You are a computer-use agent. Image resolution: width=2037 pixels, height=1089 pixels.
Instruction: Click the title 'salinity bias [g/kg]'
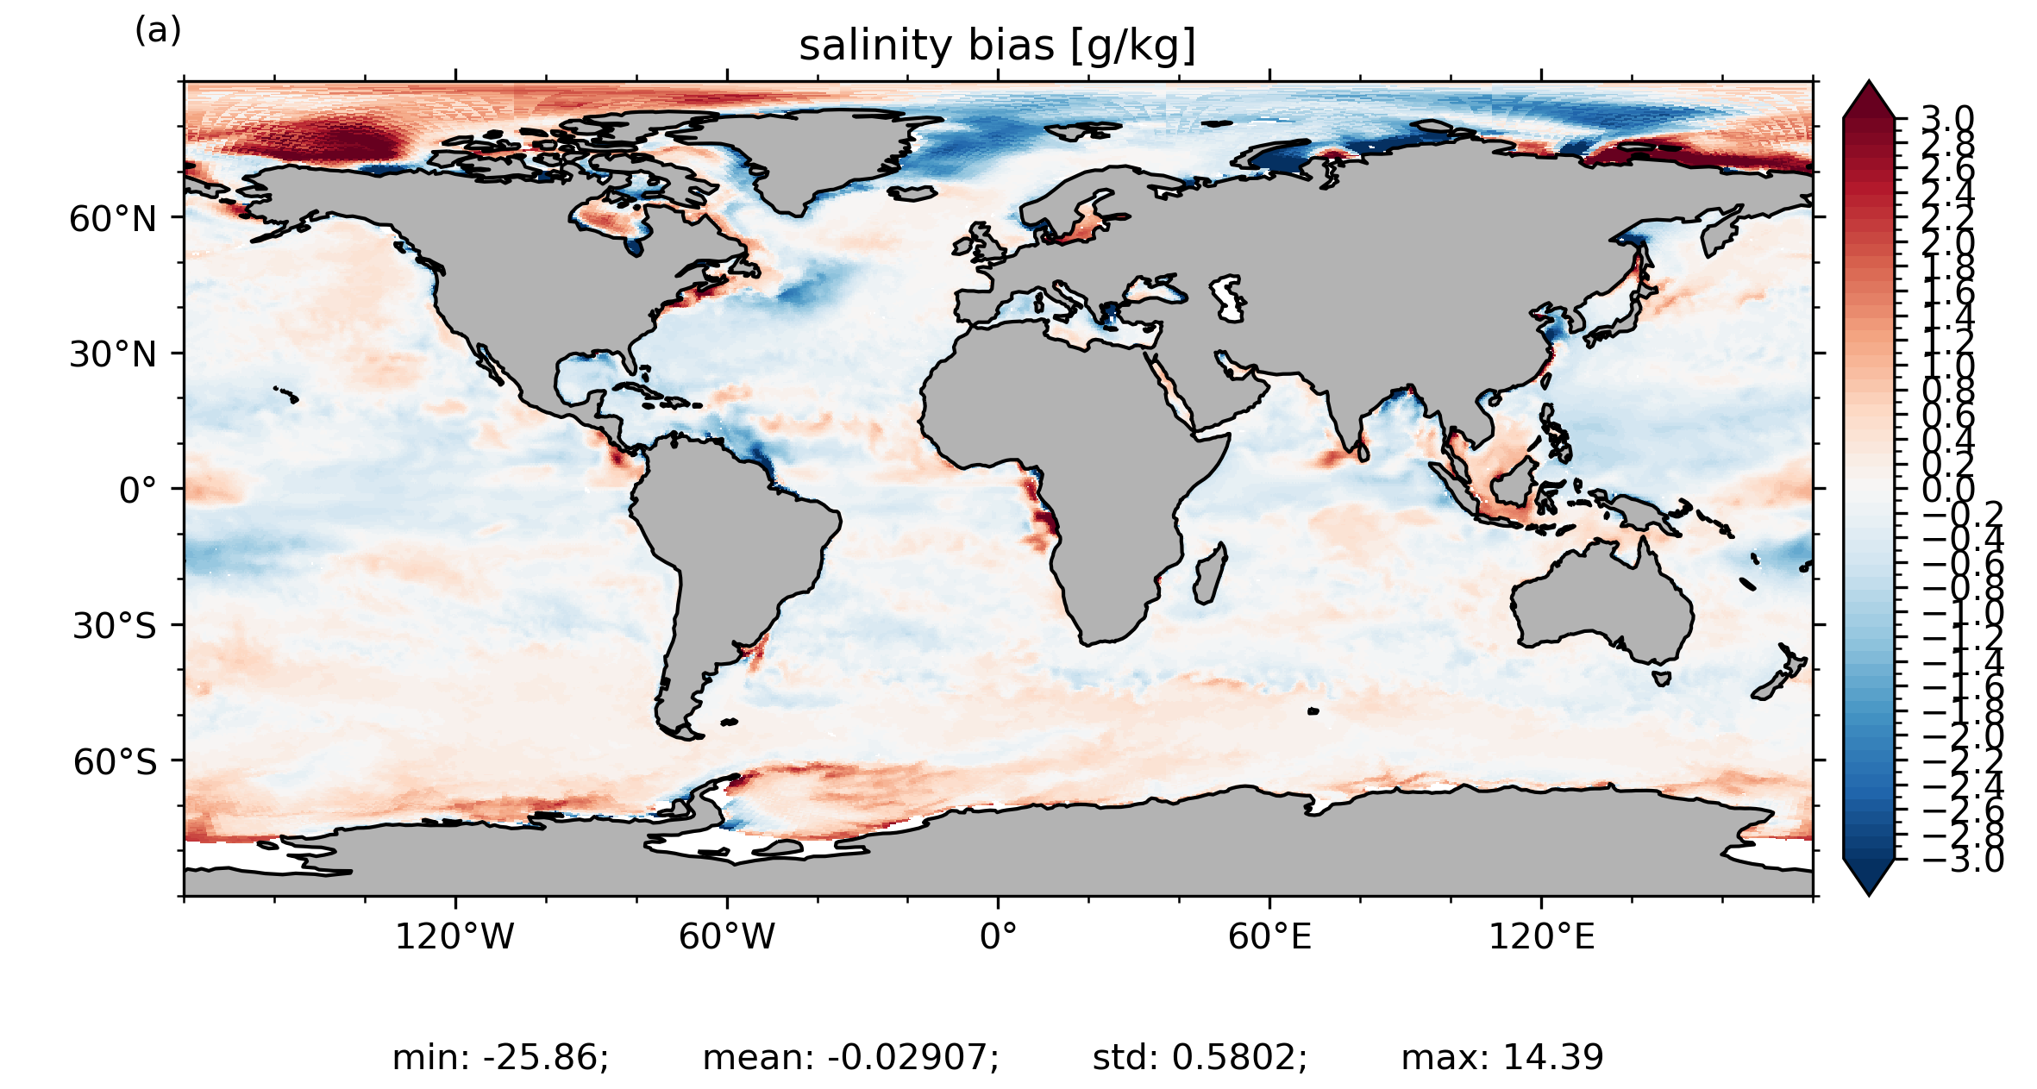[997, 46]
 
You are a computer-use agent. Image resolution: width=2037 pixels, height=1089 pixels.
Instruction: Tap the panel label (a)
[158, 31]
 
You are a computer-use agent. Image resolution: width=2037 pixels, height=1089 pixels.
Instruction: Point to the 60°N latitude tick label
[113, 219]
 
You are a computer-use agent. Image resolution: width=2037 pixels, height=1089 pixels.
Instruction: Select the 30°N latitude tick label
[113, 354]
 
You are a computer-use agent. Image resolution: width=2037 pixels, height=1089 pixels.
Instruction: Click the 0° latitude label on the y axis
[138, 491]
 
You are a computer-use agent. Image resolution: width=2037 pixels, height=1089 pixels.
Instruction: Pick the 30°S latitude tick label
[114, 626]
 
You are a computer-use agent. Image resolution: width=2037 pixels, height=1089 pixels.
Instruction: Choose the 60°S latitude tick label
[115, 762]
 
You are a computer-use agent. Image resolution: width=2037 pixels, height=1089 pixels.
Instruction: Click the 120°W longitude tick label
[454, 936]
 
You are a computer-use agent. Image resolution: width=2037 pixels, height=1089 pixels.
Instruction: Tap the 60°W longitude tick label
[726, 936]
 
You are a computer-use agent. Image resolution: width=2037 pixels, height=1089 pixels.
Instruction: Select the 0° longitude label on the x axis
[998, 936]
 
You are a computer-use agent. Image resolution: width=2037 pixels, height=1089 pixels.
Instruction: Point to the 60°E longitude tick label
[1269, 936]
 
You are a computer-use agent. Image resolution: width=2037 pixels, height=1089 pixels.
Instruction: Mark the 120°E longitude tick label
[1541, 936]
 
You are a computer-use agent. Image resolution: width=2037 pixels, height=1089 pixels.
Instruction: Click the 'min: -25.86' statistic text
[500, 1057]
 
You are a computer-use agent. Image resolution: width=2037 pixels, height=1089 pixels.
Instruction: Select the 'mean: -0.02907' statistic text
[850, 1057]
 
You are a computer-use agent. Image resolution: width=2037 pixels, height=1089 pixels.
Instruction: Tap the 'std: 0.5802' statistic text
[1200, 1057]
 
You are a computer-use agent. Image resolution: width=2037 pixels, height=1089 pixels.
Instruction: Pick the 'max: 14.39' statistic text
[1501, 1057]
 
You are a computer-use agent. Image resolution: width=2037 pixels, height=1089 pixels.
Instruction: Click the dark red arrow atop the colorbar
[1869, 100]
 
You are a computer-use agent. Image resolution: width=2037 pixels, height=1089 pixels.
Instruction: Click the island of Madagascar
[1209, 576]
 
